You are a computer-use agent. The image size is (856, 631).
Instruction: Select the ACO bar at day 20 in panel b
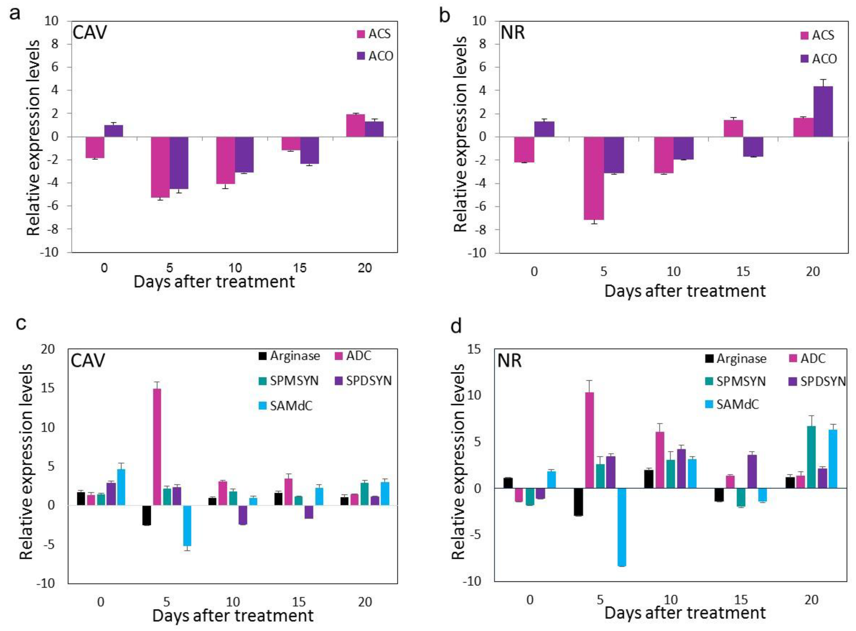tap(823, 112)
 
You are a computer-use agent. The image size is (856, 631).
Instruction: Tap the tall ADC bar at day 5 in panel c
tap(157, 447)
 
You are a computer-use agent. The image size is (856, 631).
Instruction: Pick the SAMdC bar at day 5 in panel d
tap(621, 527)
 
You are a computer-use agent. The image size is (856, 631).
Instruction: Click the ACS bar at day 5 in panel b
tap(594, 178)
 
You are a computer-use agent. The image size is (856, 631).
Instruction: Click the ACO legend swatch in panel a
tap(361, 56)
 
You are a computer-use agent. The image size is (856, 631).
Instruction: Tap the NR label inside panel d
tap(509, 360)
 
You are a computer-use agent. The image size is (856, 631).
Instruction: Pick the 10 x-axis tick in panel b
tap(674, 272)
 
